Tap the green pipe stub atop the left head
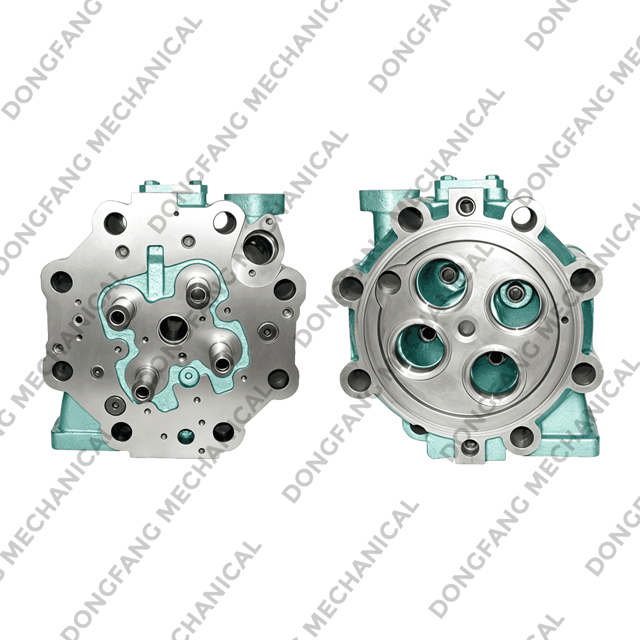point(246,207)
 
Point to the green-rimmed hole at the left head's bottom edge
point(186,436)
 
